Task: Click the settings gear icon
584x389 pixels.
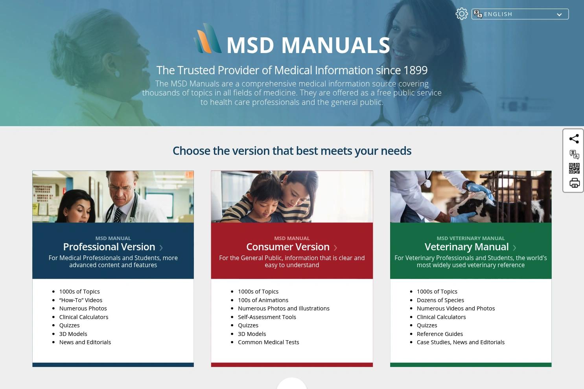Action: coord(461,14)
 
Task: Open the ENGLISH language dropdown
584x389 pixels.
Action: coord(520,14)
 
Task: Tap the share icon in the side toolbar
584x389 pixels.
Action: coord(574,139)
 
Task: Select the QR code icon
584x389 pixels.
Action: coord(574,168)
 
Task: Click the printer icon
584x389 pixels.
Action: coord(574,183)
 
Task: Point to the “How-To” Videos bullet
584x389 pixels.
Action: coord(81,300)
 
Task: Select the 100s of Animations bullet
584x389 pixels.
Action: coord(263,300)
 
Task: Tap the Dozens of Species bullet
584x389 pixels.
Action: coord(440,300)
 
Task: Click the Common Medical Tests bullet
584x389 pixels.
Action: coord(268,342)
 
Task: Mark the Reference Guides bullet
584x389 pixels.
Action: coord(440,334)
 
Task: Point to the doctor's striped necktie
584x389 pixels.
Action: coord(117,215)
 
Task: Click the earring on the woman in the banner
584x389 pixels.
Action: coord(117,73)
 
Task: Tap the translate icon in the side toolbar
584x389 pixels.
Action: coord(574,154)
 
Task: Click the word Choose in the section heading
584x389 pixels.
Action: coord(192,151)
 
